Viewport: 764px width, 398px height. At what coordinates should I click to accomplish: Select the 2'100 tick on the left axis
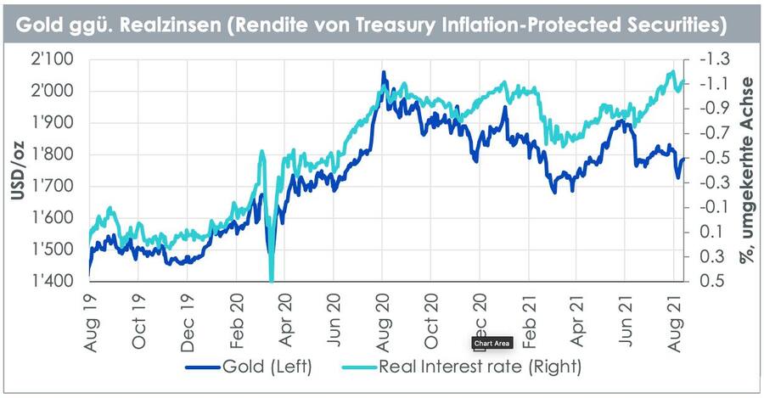pos(53,60)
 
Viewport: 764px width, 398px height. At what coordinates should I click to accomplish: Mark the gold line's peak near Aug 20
pos(384,74)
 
